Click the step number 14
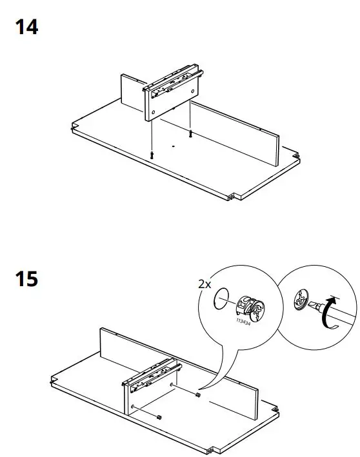[26, 28]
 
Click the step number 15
[26, 280]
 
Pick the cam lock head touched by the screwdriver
[301, 300]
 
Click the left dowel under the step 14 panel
[150, 154]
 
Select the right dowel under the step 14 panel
[190, 133]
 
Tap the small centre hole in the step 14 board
[172, 147]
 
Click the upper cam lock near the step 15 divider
[198, 394]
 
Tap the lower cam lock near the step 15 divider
[158, 417]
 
